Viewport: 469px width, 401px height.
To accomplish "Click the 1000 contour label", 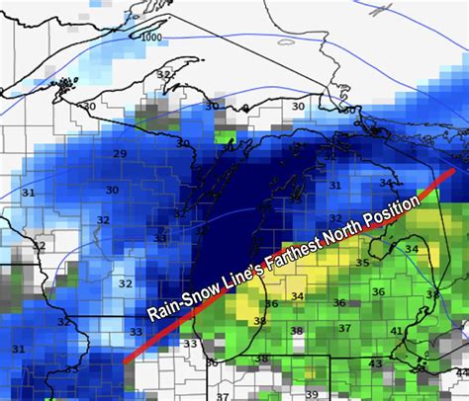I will [151, 38].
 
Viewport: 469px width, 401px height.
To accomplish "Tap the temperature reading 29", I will [120, 154].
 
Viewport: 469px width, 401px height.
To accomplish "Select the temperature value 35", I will [362, 264].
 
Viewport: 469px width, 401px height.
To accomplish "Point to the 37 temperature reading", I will [344, 328].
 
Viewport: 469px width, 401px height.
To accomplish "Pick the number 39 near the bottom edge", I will [313, 393].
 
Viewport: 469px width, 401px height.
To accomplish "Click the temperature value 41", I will [396, 332].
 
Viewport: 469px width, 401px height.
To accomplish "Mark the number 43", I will [375, 364].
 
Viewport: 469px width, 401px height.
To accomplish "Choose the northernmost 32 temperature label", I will [164, 75].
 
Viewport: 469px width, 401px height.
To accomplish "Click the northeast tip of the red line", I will [453, 169].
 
